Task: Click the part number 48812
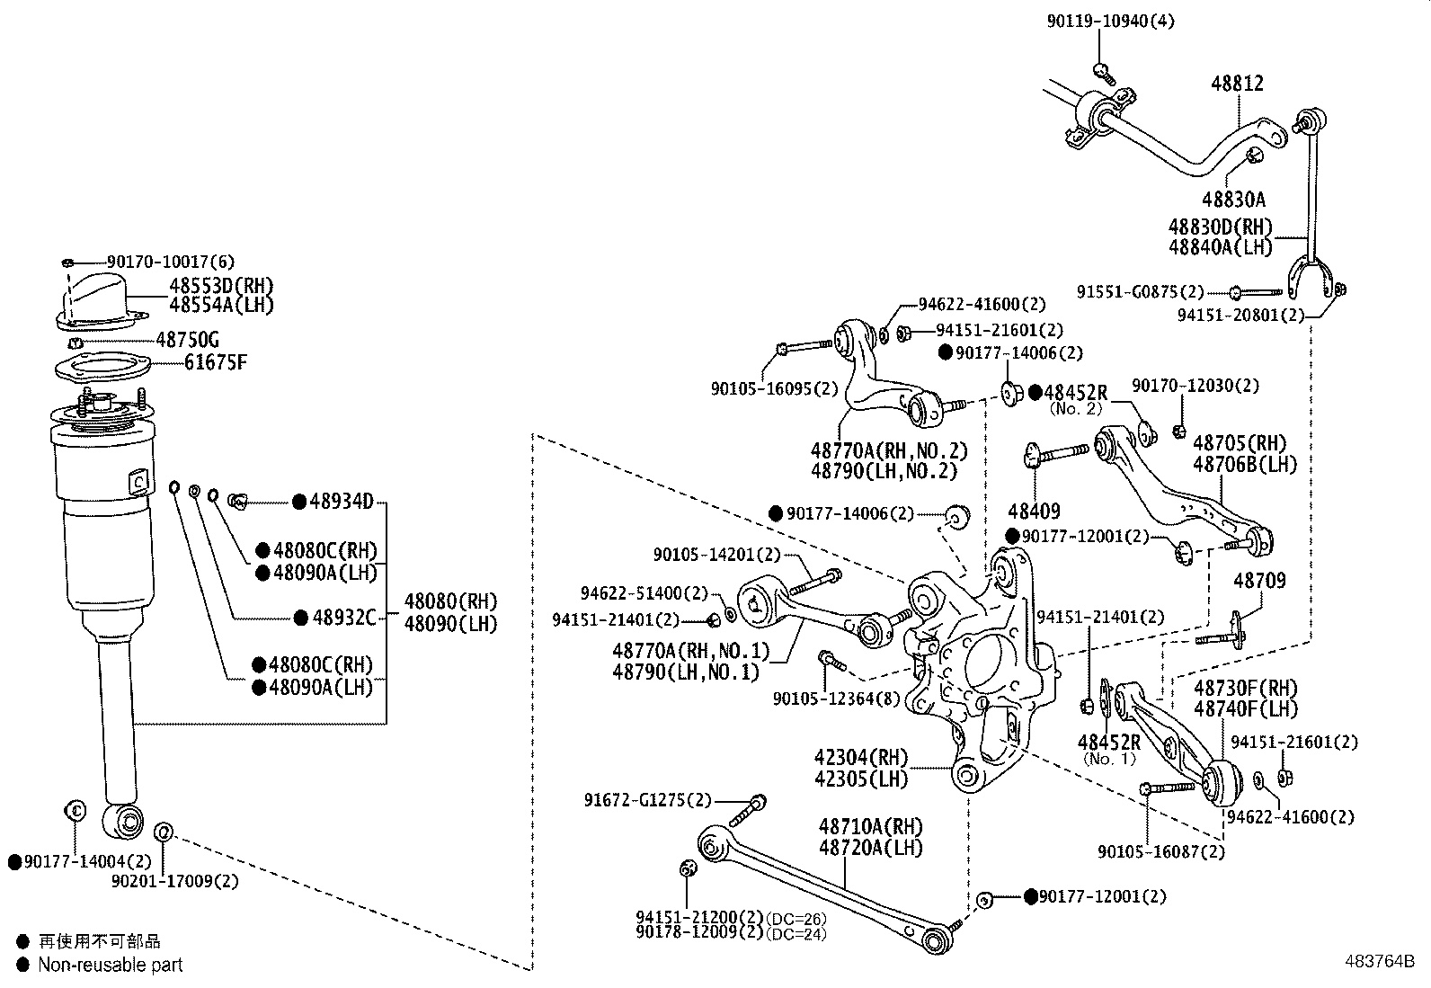coord(1237,84)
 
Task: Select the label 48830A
coord(1233,199)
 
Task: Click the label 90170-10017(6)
coord(170,262)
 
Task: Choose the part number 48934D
coord(341,502)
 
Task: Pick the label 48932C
coord(342,618)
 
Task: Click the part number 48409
coord(1034,511)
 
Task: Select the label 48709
coord(1259,581)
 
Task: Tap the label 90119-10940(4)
coord(1110,21)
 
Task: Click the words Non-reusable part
coord(110,965)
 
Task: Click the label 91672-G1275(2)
coord(647,799)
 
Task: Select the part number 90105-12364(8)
coord(836,699)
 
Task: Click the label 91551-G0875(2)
coord(1140,291)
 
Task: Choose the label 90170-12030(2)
coord(1195,385)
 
